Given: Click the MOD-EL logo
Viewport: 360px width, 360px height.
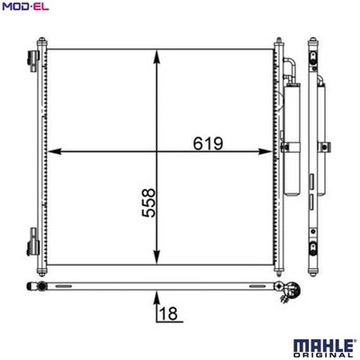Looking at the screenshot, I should [x=25, y=8].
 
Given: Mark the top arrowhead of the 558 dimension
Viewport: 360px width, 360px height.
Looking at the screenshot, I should [x=158, y=56].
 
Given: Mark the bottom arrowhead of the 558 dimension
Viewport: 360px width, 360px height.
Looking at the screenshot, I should [x=158, y=254].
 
